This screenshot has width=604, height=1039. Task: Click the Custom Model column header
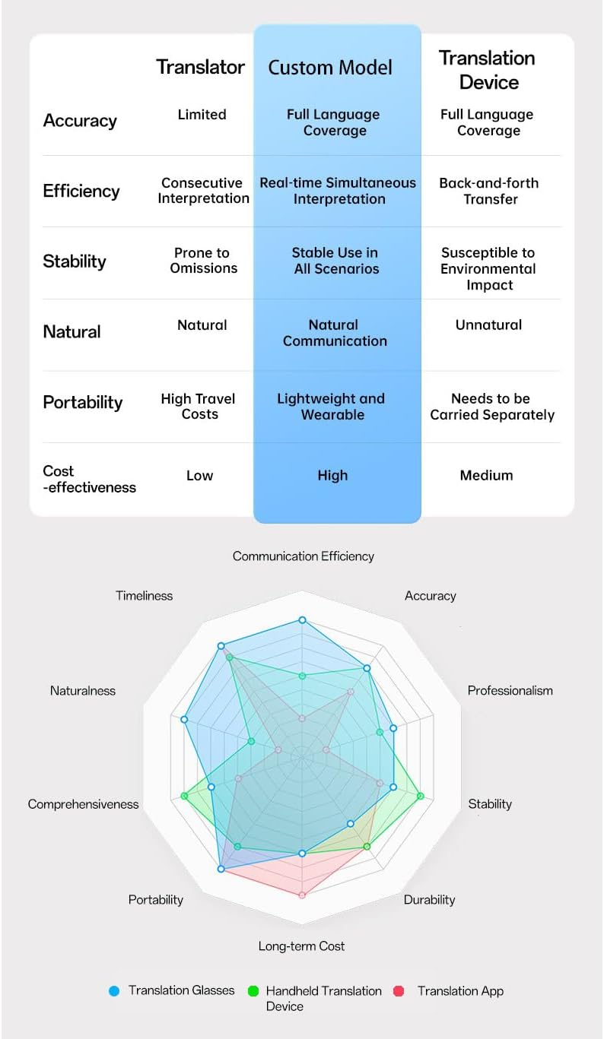coord(330,68)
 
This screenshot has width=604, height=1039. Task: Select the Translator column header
coord(201,67)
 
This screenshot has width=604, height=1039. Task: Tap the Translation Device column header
coord(488,70)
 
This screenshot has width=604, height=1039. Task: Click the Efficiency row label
coord(81,191)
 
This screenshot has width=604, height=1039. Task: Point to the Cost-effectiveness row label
coord(89,479)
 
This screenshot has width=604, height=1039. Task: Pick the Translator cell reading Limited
coord(202,115)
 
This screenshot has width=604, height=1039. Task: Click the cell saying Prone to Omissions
coord(203,261)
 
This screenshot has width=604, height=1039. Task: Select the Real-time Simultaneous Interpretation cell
coord(338,191)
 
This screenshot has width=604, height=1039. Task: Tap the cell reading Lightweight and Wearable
coord(332,407)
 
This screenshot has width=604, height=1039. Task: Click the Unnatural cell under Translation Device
coord(488,325)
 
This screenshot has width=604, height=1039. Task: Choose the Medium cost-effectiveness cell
coord(486,476)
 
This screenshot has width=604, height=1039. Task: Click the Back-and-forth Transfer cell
coord(489,191)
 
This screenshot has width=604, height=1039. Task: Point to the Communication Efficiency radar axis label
coord(304,556)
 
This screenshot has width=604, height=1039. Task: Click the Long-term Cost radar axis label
coord(301,946)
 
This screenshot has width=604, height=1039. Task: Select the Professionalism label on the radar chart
coord(510,691)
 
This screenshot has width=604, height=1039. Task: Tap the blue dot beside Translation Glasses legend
coord(115,991)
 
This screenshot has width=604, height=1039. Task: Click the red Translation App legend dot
coord(399,991)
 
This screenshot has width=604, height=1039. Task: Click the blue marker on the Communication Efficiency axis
coord(302,620)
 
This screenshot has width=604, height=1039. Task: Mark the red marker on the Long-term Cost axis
coord(302,895)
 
